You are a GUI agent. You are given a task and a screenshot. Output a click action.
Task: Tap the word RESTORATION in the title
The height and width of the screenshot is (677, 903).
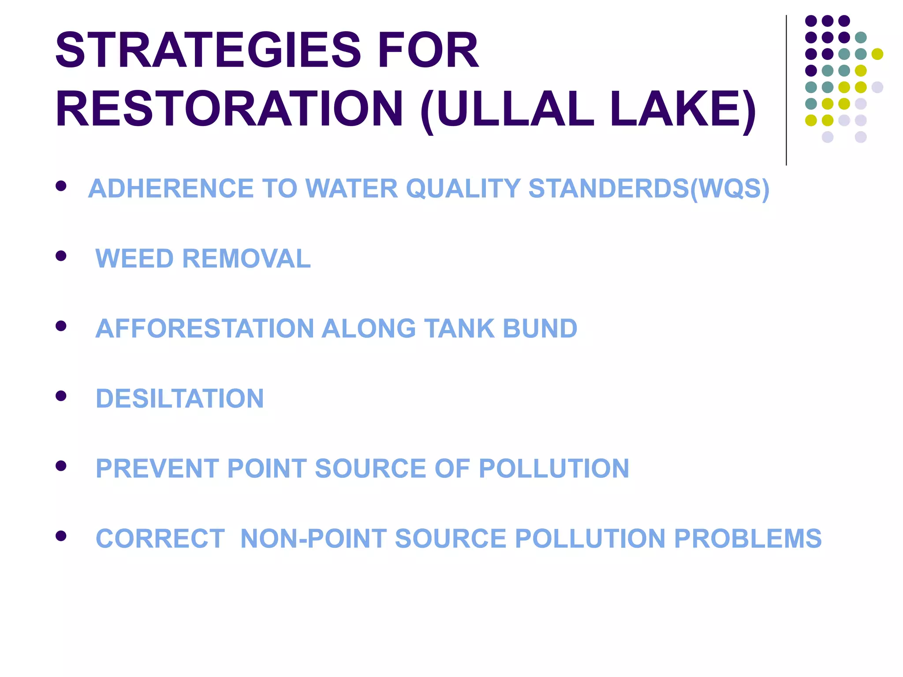point(229,109)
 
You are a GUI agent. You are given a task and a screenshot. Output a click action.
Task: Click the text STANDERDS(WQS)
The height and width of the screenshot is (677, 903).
point(649,189)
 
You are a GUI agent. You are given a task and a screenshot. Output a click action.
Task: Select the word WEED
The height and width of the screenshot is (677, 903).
point(134,258)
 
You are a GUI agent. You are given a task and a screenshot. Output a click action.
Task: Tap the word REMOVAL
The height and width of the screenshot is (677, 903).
point(246,258)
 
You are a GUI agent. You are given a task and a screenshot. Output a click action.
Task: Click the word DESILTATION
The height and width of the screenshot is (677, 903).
point(180,398)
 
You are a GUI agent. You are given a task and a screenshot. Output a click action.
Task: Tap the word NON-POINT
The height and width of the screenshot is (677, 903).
point(313,539)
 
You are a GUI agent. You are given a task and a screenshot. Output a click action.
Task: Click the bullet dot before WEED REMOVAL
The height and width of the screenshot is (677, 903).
point(61,256)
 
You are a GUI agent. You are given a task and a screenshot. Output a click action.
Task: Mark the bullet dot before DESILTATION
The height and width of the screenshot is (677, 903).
point(61,396)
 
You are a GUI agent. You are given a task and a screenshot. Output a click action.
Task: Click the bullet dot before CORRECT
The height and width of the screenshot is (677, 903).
point(61,536)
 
